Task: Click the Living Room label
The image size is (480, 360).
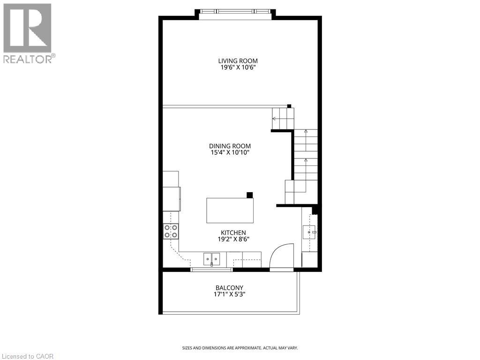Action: coord(238,60)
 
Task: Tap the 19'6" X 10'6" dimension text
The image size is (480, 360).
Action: coord(238,67)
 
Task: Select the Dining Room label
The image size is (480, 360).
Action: coord(230,146)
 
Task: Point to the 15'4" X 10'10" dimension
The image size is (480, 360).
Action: coord(230,152)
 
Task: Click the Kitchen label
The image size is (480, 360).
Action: coord(233,232)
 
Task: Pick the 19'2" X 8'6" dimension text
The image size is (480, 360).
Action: coord(233,239)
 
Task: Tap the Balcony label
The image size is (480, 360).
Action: coord(229,288)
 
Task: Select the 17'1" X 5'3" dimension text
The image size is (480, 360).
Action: coord(229,294)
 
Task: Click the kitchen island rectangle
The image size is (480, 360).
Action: coord(230,210)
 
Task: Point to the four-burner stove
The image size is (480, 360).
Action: coord(171,231)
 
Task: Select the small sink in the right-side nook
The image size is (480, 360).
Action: coord(310,231)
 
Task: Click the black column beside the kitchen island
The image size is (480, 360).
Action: coord(250,195)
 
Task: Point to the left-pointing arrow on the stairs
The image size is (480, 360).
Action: coord(274,119)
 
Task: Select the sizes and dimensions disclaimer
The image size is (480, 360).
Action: coord(240,348)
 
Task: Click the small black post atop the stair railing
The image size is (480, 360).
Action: coord(289,106)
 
